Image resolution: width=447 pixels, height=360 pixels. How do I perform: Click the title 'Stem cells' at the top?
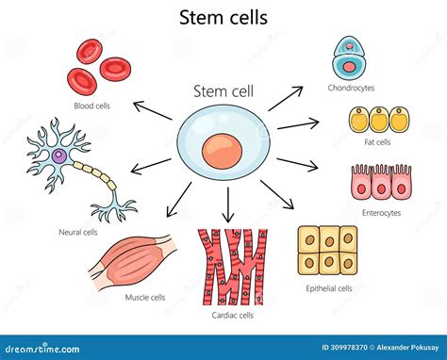[223, 17]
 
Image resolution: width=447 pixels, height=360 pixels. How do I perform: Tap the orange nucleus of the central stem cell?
[223, 152]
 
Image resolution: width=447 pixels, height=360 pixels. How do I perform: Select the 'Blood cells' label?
[91, 106]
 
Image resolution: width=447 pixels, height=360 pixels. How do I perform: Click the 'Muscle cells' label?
[145, 297]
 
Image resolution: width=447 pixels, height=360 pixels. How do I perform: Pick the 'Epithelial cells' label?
[328, 288]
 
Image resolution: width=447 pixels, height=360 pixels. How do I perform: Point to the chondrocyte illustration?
[347, 58]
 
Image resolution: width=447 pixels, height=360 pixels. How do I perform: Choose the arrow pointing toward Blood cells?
[153, 108]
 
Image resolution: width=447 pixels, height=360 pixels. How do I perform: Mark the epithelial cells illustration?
[326, 251]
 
